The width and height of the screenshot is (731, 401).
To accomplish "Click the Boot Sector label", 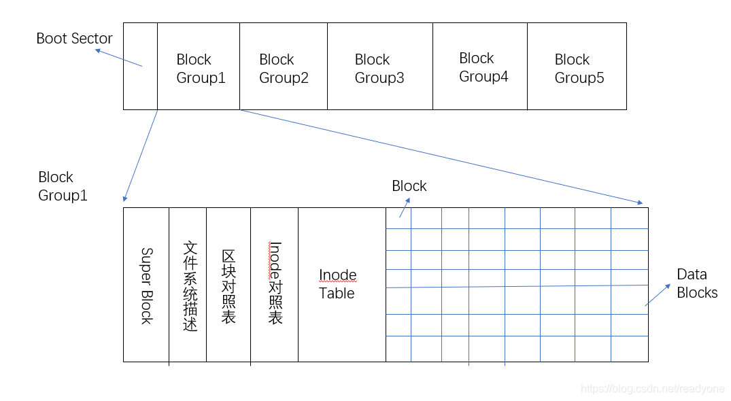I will click(x=74, y=38).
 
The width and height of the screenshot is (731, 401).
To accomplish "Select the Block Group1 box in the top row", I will click(x=199, y=67).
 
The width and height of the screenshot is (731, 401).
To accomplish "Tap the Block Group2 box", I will click(x=284, y=67).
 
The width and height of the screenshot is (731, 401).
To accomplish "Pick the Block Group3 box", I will click(x=379, y=67).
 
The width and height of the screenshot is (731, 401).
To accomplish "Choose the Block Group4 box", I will click(x=480, y=67).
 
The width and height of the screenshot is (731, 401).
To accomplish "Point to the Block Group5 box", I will click(x=577, y=67).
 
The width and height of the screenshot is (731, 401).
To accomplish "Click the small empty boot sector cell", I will click(x=141, y=66).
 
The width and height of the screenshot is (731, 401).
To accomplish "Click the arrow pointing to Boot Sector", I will click(x=118, y=57).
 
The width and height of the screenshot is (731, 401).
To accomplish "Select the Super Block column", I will click(x=146, y=285).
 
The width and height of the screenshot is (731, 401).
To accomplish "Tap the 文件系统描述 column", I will click(x=188, y=285).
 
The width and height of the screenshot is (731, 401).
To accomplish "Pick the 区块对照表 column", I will click(x=228, y=285).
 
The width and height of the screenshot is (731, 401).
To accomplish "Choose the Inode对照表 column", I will click(x=275, y=285).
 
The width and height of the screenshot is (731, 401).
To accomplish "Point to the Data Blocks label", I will click(x=696, y=283).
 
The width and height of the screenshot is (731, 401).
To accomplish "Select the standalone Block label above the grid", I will click(x=409, y=186).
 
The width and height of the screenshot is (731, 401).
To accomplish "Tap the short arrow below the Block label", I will click(x=404, y=207).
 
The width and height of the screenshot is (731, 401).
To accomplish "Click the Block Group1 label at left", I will click(x=63, y=186).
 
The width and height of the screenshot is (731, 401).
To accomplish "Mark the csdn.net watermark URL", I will click(x=653, y=388).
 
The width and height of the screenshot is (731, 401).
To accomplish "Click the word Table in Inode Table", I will click(x=337, y=294).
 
